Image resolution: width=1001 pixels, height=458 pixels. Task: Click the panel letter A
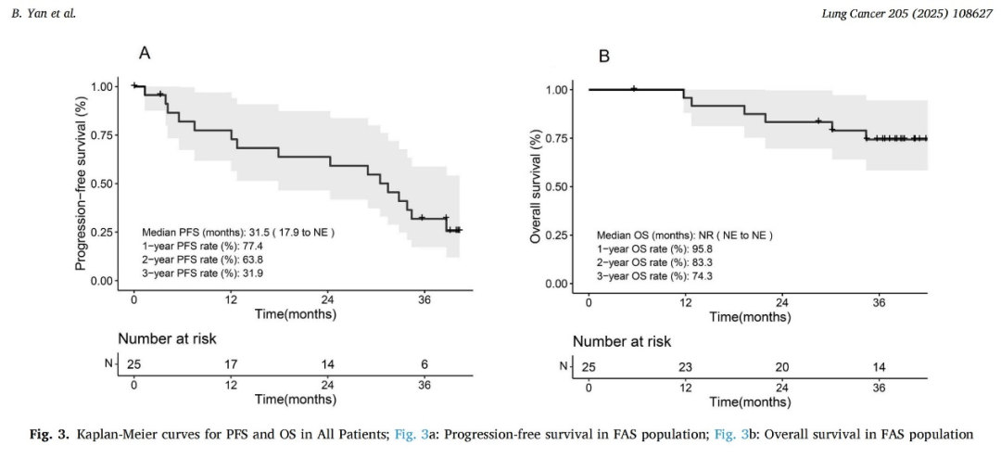click(x=145, y=53)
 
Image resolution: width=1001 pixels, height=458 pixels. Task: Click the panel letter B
click(x=604, y=57)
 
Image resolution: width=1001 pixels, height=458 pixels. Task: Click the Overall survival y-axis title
click(x=535, y=186)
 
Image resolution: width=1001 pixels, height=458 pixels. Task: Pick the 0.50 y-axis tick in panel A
click(x=104, y=184)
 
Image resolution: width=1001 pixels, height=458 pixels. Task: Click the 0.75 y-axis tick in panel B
click(x=558, y=138)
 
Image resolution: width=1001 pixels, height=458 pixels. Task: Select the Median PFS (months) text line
click(x=237, y=232)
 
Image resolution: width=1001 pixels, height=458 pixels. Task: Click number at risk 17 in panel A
click(x=230, y=364)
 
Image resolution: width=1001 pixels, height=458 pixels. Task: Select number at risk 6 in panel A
click(x=424, y=364)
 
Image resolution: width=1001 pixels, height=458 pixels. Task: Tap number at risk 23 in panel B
click(x=685, y=367)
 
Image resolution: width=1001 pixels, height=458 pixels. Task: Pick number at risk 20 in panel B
click(x=782, y=367)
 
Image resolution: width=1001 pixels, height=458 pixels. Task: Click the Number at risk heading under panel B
click(x=621, y=341)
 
